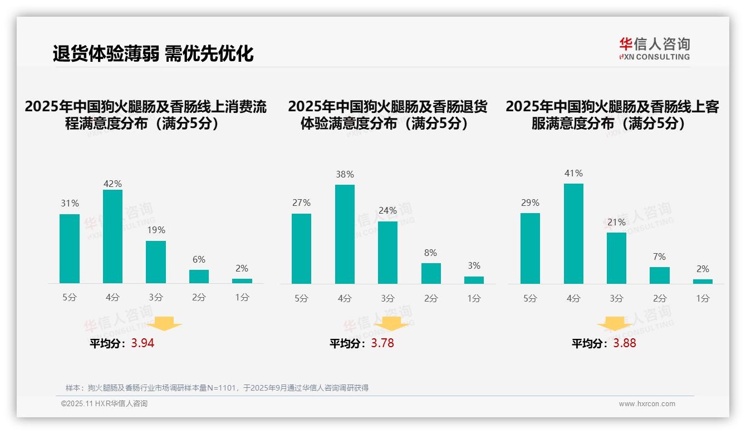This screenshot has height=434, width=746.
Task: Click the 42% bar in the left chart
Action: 112,236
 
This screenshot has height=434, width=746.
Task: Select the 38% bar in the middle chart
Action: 345,234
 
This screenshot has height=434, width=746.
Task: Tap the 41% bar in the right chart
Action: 573,234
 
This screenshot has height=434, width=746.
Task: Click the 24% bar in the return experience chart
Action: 387,253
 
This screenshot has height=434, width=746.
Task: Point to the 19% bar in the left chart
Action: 156,262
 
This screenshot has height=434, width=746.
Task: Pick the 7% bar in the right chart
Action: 659,275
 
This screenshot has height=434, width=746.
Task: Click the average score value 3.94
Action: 143,343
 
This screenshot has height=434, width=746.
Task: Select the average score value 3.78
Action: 382,343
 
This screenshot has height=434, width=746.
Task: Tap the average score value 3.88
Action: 625,343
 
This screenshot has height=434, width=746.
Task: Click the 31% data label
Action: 70,204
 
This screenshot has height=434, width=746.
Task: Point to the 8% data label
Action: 430,253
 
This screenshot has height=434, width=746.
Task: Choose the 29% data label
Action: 530,203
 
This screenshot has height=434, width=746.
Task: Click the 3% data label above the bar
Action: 474,266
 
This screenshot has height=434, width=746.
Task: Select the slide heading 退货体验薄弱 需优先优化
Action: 153,53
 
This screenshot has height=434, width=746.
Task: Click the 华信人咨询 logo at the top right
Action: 654,48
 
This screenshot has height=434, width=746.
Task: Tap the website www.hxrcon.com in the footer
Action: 647,404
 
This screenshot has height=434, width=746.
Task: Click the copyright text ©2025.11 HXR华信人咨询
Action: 104,404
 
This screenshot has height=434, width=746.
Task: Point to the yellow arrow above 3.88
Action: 615,324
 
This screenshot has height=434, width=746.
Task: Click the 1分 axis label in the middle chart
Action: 474,299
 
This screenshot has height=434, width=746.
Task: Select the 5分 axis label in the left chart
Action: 70,298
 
